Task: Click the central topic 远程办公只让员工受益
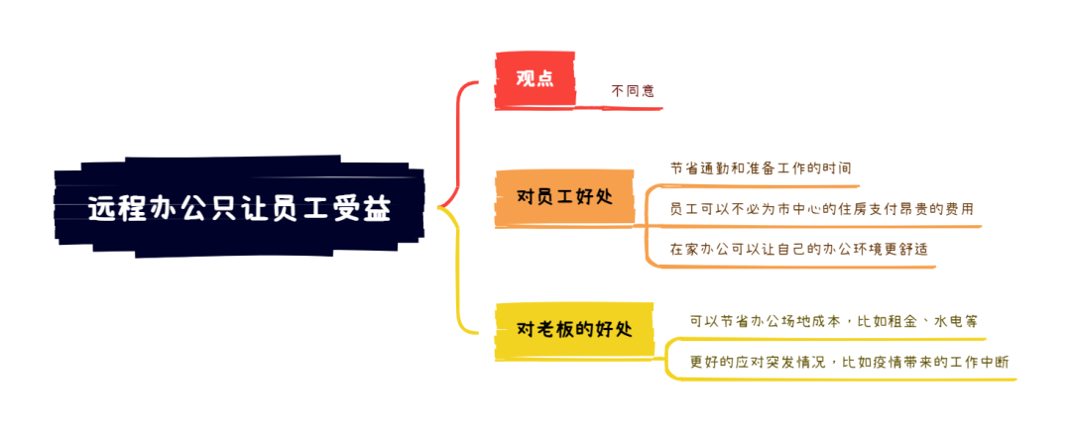[x=239, y=209]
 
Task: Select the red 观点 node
[x=535, y=78]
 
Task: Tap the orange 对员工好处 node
[x=564, y=195]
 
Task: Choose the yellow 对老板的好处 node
[x=574, y=329]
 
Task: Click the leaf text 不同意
[x=633, y=91]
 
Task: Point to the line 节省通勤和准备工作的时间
[x=760, y=168]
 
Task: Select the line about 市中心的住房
[x=821, y=209]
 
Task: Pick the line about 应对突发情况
[x=849, y=362]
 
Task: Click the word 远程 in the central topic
[x=109, y=209]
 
